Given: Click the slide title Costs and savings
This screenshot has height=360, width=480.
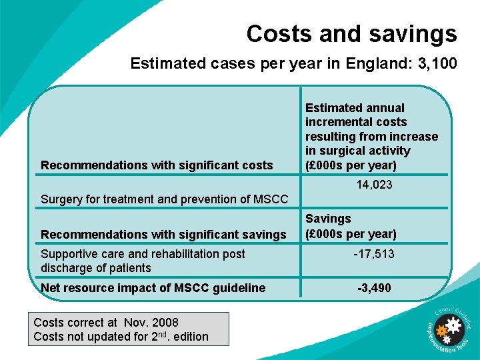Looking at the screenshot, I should pos(351,33).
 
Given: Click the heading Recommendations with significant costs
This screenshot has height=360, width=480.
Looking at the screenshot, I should pos(157,165).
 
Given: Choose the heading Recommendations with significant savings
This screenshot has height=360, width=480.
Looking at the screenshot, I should pos(163,234).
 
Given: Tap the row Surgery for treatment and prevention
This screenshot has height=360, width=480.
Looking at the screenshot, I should pos(165,199).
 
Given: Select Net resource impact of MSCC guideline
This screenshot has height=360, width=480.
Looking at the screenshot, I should pos(153,288).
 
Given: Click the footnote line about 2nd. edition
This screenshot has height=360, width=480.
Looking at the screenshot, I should pos(121,337).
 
